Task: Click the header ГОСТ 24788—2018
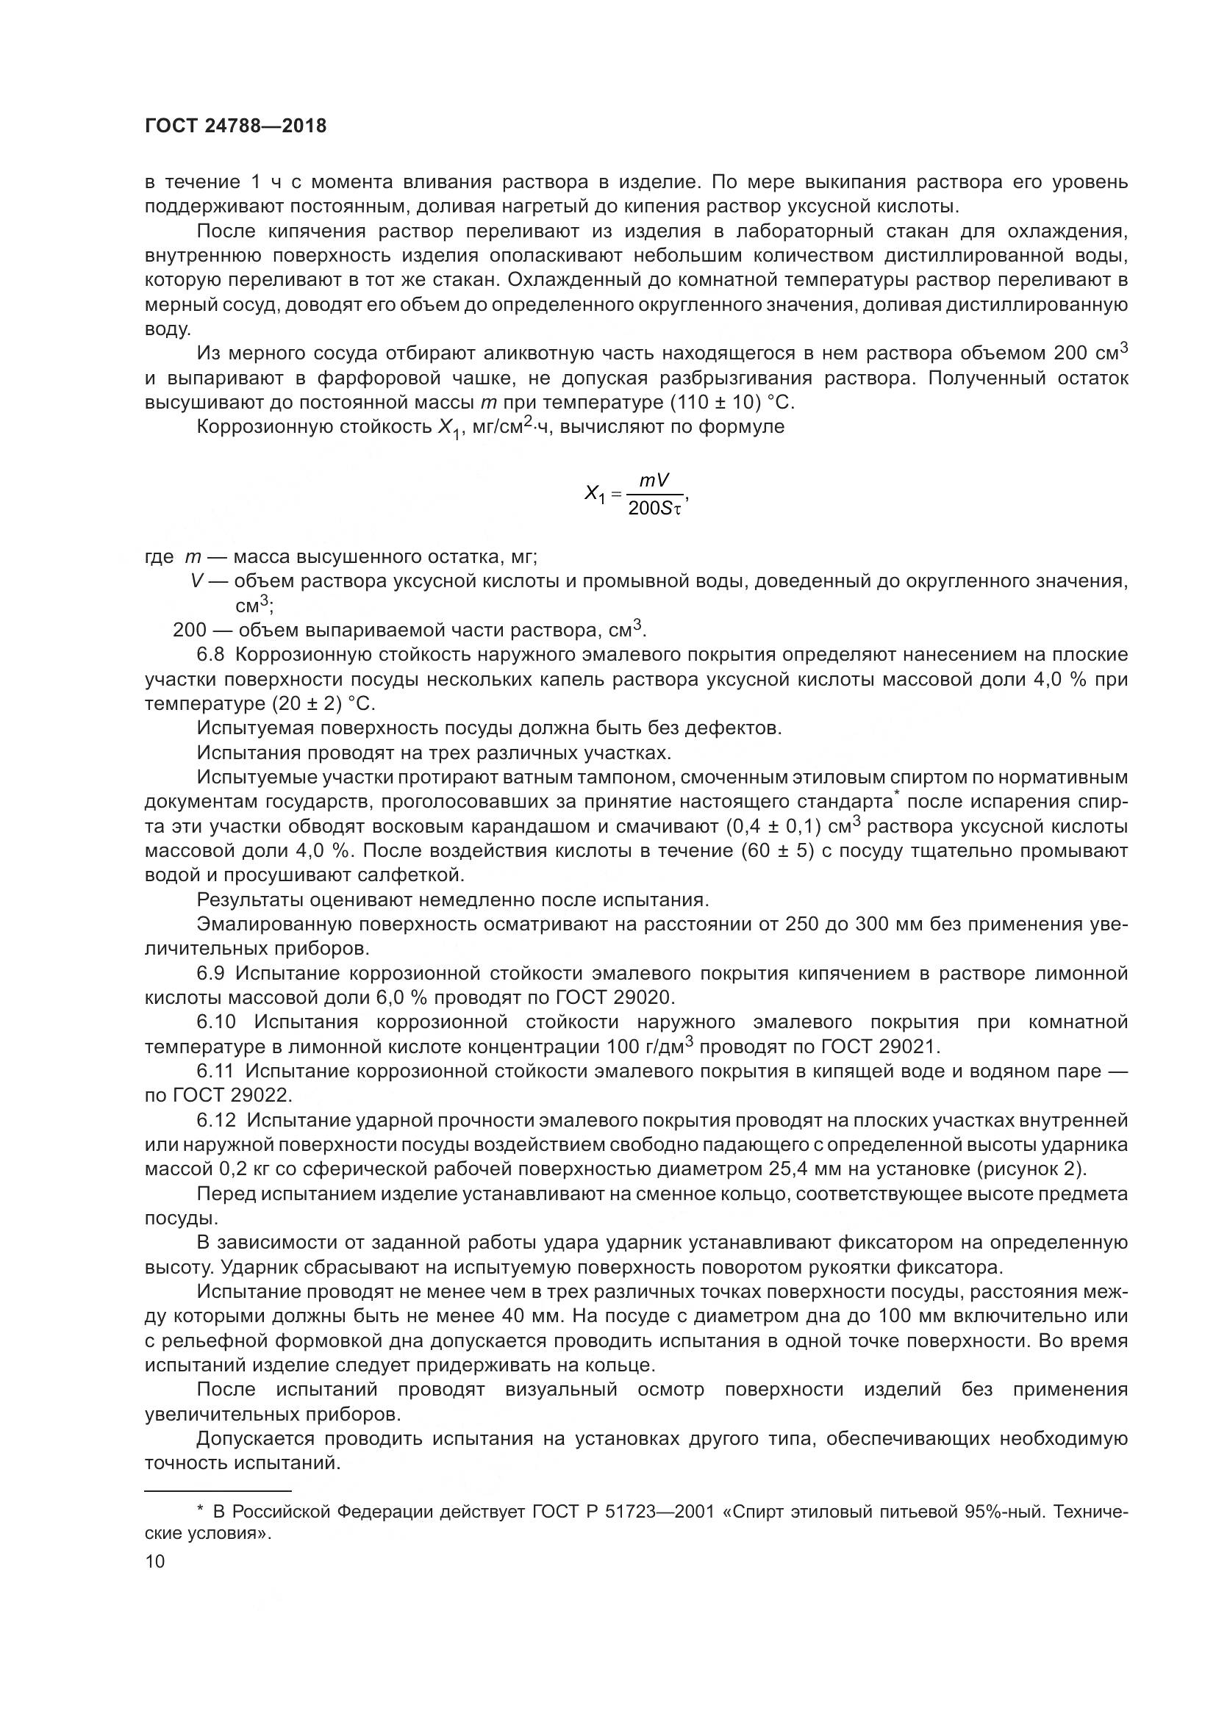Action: (x=235, y=126)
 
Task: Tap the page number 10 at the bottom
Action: (x=155, y=1561)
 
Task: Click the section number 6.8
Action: (x=210, y=654)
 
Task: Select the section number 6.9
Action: (x=210, y=973)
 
